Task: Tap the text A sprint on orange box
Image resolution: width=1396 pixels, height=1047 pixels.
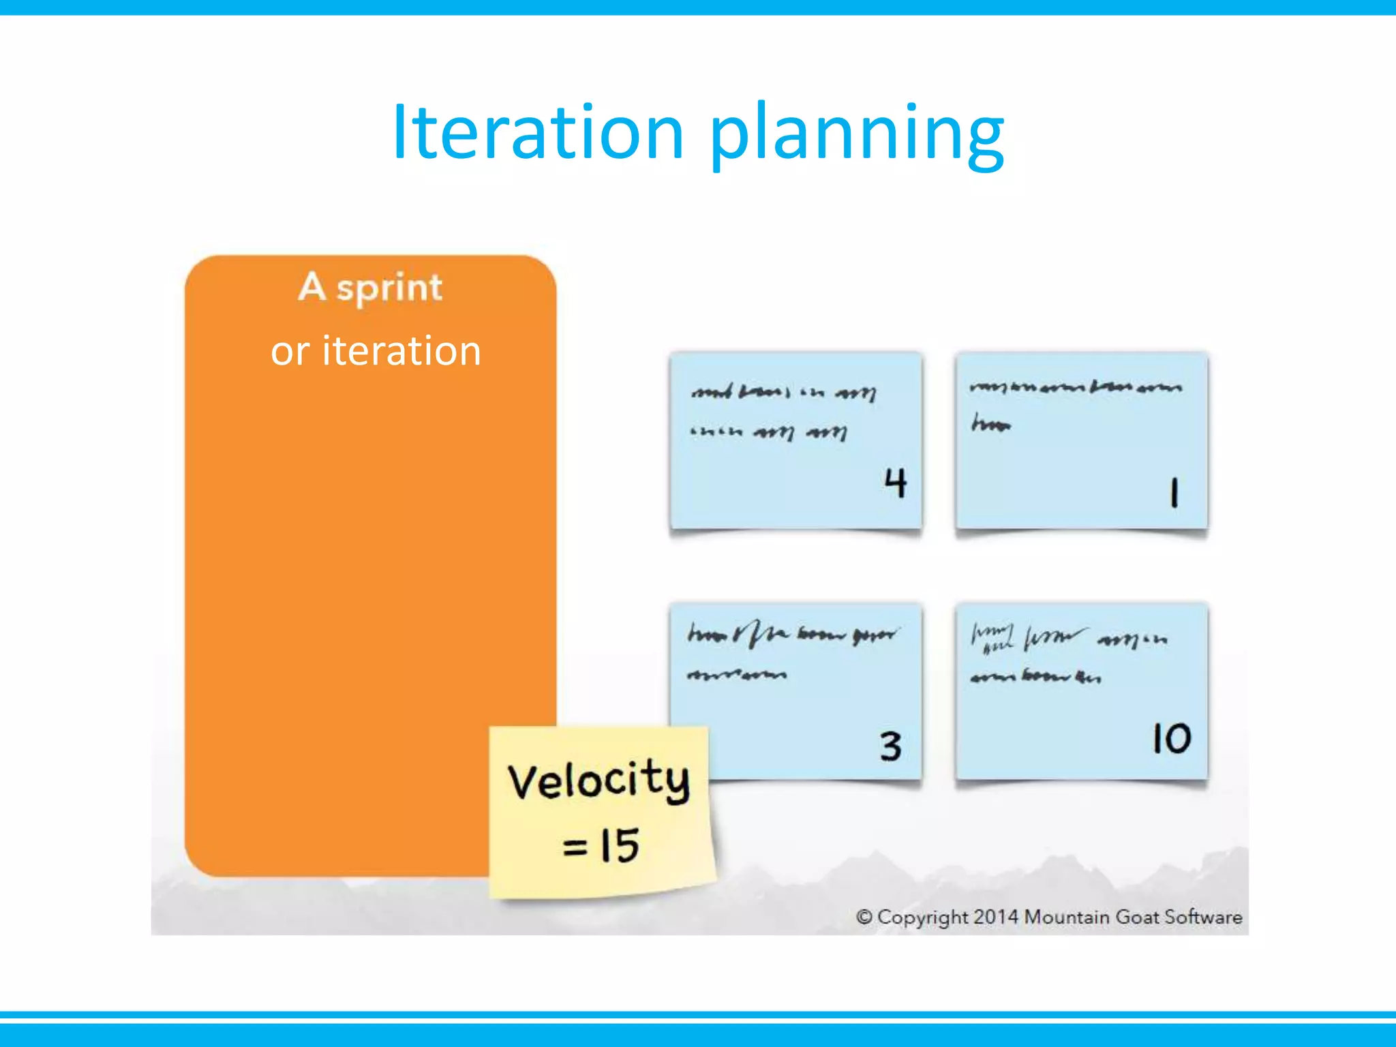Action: point(370,287)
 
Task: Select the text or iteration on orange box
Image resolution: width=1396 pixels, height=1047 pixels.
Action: point(376,351)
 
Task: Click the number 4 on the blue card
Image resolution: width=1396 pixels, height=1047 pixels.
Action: point(895,483)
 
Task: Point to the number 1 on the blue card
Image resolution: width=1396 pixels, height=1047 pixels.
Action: point(1174,492)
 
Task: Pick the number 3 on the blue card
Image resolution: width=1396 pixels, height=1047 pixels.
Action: point(890,746)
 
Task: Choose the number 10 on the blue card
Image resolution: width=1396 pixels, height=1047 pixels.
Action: point(1171,739)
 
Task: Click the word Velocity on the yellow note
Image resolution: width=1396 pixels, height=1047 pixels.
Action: point(598,780)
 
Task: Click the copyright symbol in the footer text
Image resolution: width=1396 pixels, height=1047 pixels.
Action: point(864,917)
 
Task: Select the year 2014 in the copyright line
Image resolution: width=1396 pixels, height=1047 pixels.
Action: point(995,917)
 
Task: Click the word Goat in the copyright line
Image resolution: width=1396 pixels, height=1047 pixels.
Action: point(1137,917)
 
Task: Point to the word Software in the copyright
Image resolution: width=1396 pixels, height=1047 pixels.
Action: point(1203,917)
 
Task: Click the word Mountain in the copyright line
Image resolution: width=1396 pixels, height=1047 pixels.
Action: point(1067,917)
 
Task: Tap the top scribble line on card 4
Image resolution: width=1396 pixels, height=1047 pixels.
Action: point(784,393)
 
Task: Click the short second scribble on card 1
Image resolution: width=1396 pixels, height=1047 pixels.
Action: point(991,425)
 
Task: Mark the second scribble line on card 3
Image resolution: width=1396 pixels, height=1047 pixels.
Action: point(737,675)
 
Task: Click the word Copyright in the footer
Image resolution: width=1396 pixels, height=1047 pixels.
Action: point(922,917)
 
